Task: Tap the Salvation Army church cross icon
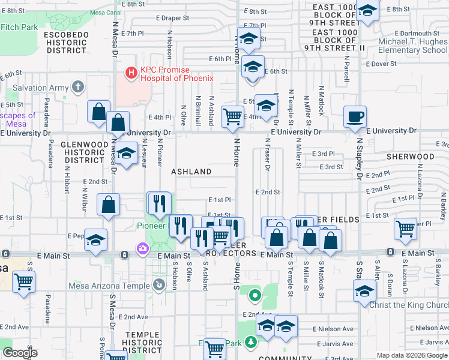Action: point(77,88)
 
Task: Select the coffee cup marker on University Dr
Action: point(355,116)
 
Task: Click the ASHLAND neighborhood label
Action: point(191,172)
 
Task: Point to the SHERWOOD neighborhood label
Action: point(410,157)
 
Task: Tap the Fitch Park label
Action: point(19,27)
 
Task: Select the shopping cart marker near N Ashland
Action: point(232,116)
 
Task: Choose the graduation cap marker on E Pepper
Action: point(96,239)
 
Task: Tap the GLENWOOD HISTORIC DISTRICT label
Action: point(86,152)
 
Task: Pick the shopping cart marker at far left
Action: point(23,280)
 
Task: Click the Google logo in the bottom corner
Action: point(20,352)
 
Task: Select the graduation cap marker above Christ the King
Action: point(364,292)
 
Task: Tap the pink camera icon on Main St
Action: point(142,248)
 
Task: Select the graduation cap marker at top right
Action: point(367,11)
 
